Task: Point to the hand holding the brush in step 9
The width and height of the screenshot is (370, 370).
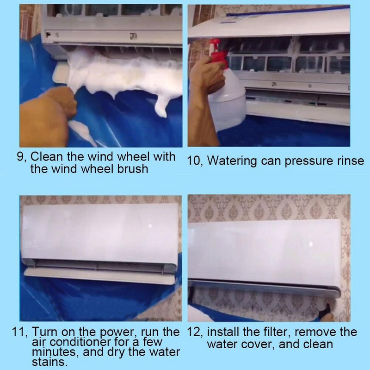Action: pyautogui.click(x=47, y=116)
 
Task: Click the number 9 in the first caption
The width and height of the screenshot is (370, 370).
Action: pyautogui.click(x=20, y=156)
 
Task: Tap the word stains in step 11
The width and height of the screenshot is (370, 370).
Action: pyautogui.click(x=49, y=362)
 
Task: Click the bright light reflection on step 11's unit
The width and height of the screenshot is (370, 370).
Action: pyautogui.click(x=150, y=226)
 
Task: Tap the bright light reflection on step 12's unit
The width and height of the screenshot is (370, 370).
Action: pyautogui.click(x=311, y=244)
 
